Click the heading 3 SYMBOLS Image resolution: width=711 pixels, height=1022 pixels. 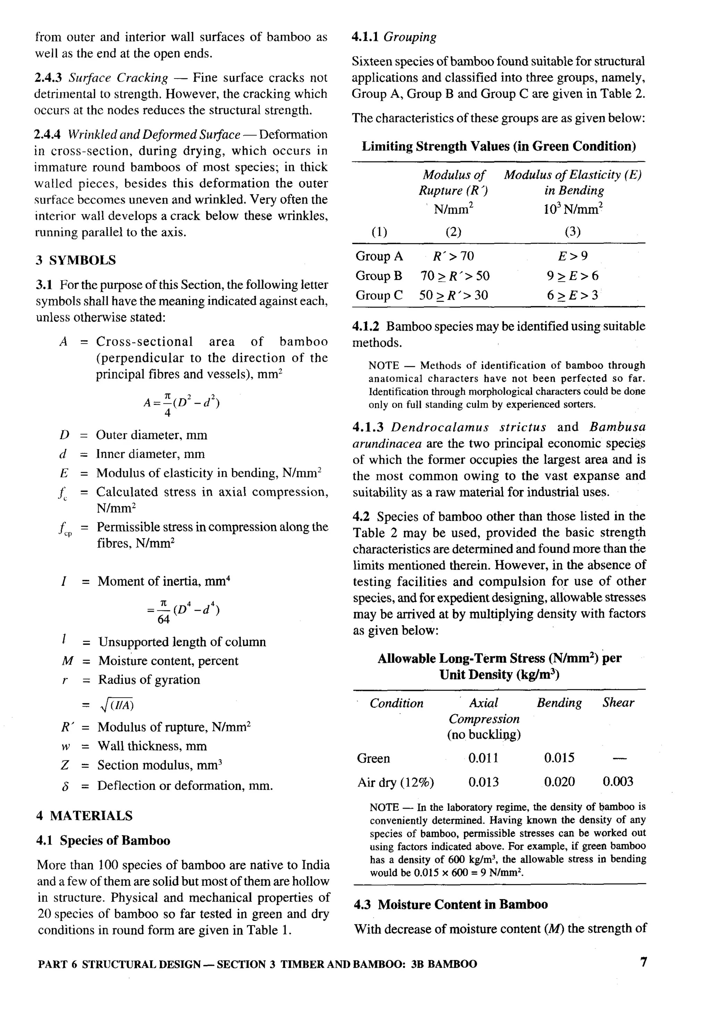click(x=76, y=261)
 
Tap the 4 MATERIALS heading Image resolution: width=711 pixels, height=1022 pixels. click(x=85, y=815)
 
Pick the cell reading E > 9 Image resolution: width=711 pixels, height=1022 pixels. click(x=572, y=256)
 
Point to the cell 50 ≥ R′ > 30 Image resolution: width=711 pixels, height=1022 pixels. click(x=453, y=296)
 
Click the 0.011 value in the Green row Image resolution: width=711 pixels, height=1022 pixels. click(x=483, y=758)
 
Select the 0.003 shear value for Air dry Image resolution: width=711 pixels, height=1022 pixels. click(x=618, y=782)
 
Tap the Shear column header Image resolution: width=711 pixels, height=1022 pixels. click(x=618, y=703)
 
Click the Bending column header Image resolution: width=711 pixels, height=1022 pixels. click(x=559, y=703)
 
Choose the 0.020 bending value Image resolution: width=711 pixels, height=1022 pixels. click(x=559, y=782)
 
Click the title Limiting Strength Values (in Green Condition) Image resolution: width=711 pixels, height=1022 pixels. click(x=498, y=147)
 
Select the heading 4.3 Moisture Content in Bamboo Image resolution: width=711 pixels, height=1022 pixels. click(x=451, y=905)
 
